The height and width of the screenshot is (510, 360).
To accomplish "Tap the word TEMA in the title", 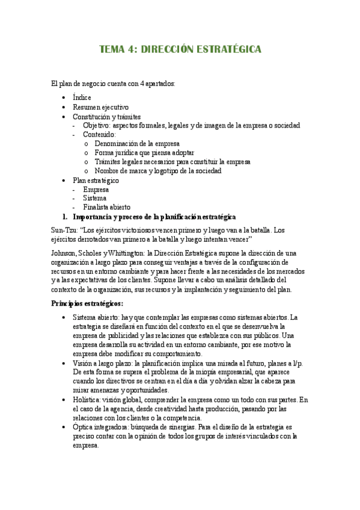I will (x=112, y=50).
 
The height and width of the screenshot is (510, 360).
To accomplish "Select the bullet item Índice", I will (x=82, y=97).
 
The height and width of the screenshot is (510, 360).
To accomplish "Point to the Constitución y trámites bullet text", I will (x=106, y=116).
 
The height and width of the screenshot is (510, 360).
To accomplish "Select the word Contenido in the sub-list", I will (x=99, y=134).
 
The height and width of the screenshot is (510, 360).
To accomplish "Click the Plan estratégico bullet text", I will (x=96, y=180).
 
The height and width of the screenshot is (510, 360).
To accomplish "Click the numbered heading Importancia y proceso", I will (x=154, y=217).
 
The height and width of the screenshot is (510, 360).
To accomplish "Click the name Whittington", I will (x=123, y=253).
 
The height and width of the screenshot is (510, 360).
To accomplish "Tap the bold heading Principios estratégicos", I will (x=87, y=303).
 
